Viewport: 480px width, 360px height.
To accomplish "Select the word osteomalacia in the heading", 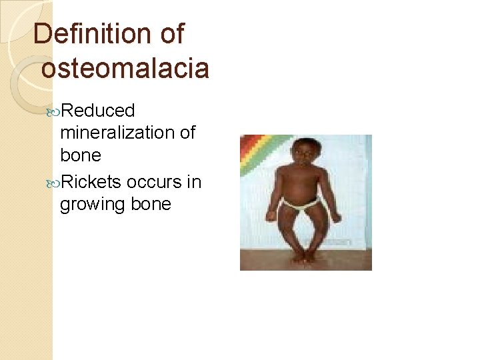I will tap(125, 68).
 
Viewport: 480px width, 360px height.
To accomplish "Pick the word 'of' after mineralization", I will tap(187, 132).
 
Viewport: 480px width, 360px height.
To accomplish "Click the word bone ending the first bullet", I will tap(81, 155).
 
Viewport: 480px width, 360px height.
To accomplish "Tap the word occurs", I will tap(153, 182).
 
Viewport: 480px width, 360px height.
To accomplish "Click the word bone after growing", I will tap(151, 204).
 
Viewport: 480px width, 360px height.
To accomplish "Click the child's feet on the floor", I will tap(304, 257).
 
